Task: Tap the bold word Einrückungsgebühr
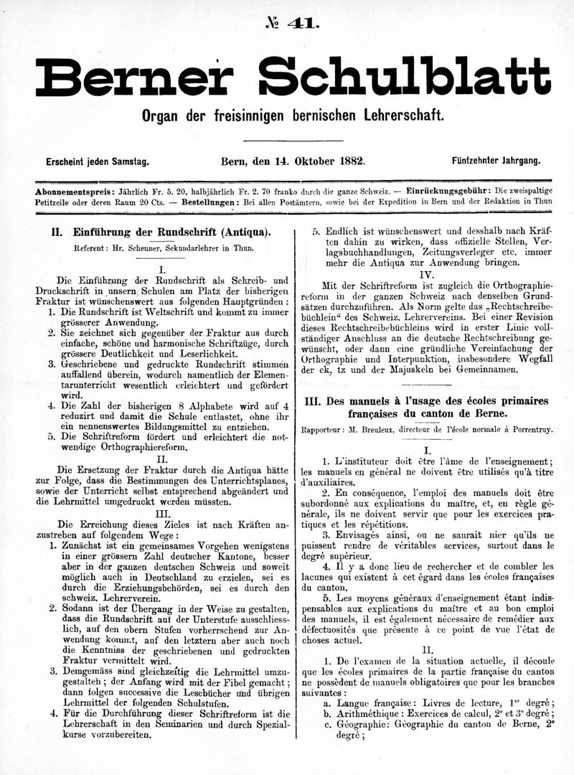point(448,192)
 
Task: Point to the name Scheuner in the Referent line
point(157,248)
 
